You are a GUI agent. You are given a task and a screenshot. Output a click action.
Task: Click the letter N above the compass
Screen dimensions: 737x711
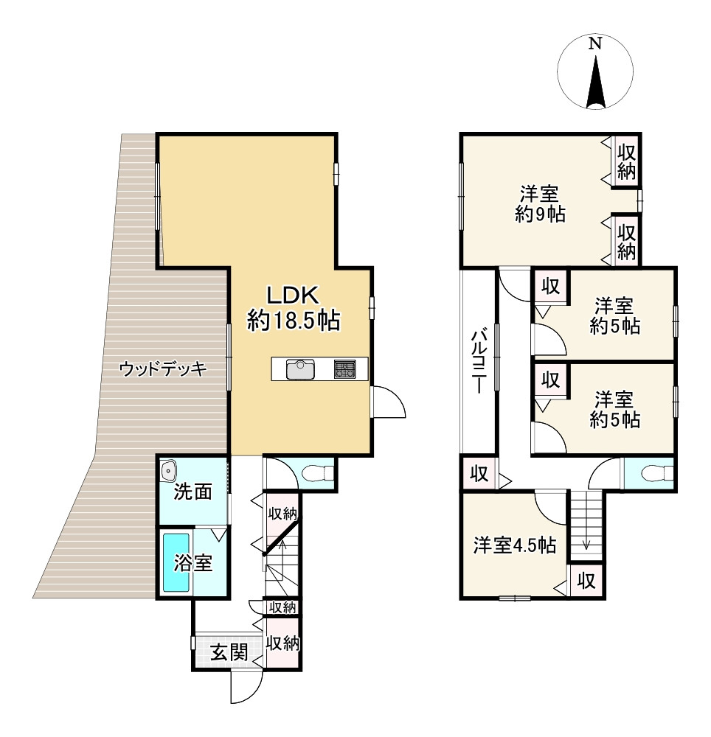point(594,43)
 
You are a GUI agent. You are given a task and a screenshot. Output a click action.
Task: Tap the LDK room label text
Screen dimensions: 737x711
point(293,308)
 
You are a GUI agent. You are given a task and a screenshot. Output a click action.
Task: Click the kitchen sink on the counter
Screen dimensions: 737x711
point(300,368)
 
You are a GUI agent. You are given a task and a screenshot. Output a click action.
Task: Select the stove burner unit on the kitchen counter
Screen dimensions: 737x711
point(344,368)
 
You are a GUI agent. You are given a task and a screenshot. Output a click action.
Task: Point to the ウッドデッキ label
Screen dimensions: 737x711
point(164,369)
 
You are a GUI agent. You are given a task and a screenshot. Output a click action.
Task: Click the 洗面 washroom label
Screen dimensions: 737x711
point(193,492)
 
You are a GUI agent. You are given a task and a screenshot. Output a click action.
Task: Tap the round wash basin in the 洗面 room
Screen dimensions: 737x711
point(169,469)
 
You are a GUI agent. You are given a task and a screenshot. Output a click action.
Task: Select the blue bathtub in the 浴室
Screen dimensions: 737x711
point(176,562)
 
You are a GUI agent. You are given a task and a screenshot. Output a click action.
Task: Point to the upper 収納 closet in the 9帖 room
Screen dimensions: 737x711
point(627,162)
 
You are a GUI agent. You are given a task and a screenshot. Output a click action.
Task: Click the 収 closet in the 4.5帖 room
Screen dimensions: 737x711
point(586,580)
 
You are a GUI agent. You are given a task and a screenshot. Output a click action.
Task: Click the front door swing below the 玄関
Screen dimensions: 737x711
point(246,689)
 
